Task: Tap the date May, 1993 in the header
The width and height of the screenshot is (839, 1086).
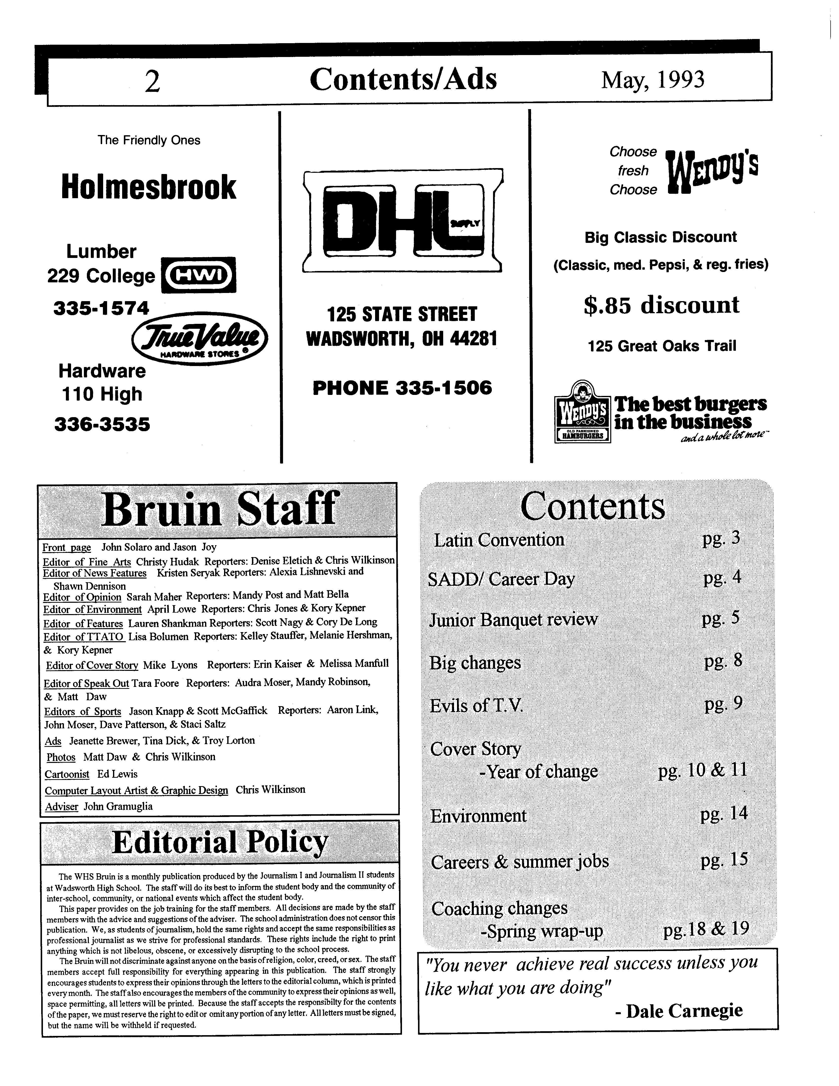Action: click(x=653, y=79)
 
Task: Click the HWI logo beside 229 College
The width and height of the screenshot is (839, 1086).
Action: click(x=199, y=274)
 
